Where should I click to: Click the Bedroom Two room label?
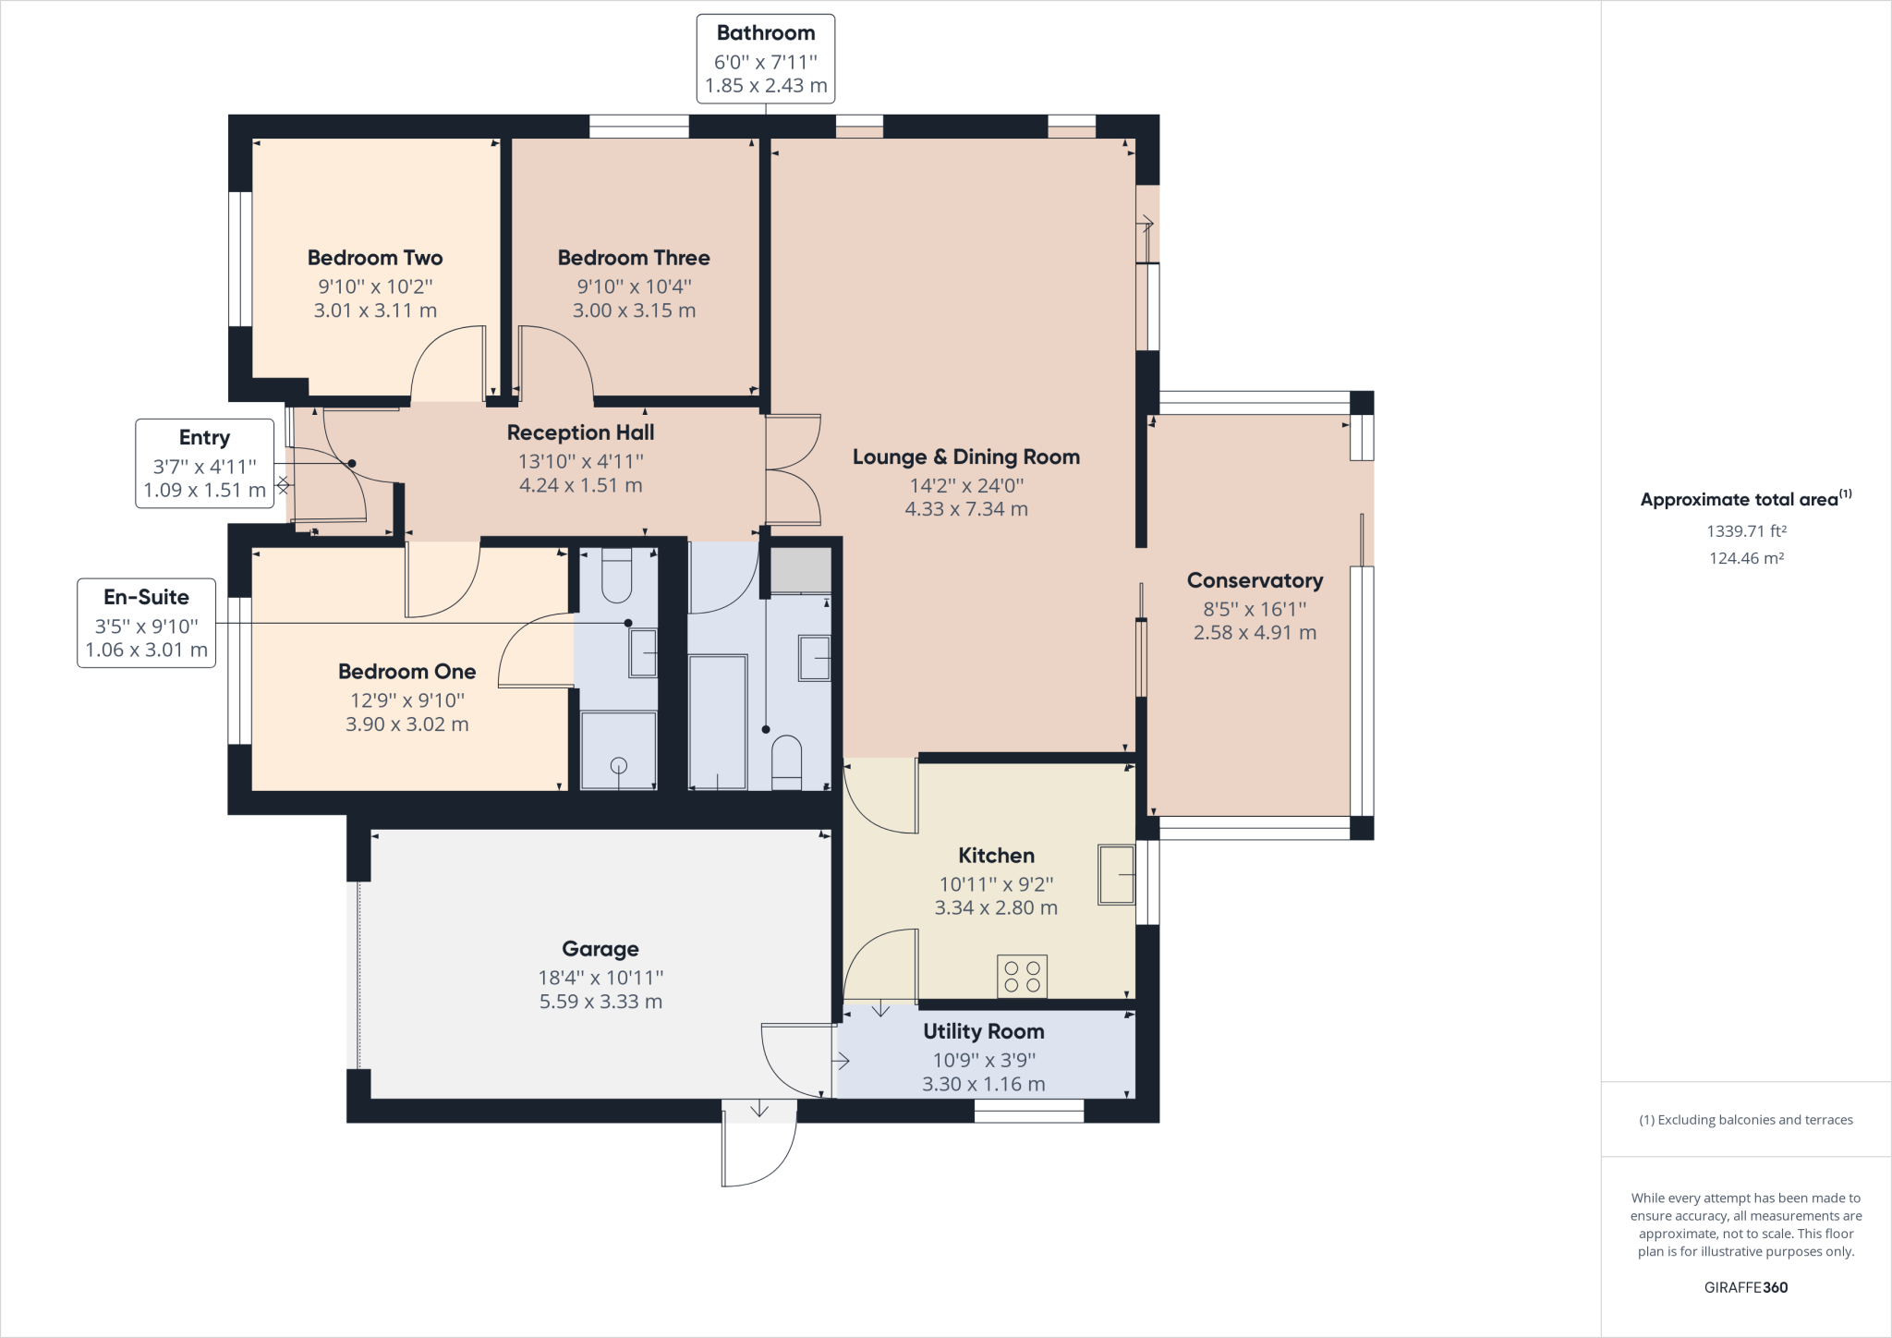point(374,258)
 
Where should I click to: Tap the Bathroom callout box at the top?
point(765,58)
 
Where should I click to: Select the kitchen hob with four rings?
point(1022,977)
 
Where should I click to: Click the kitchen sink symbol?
point(1116,874)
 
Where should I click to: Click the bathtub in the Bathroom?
point(718,722)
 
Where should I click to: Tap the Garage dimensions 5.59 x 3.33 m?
point(600,1002)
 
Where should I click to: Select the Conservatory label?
point(1255,580)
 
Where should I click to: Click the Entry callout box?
point(204,463)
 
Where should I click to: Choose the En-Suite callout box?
point(146,623)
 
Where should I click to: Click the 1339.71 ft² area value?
point(1745,531)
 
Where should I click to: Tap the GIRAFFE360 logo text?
point(1745,1287)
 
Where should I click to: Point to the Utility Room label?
point(983,1031)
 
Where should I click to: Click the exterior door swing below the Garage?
point(759,1146)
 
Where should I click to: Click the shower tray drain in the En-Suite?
point(619,765)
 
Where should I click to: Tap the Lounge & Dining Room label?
point(965,456)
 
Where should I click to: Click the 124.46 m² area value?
point(1745,558)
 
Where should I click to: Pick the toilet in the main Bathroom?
point(786,761)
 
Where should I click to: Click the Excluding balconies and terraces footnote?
point(1745,1120)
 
